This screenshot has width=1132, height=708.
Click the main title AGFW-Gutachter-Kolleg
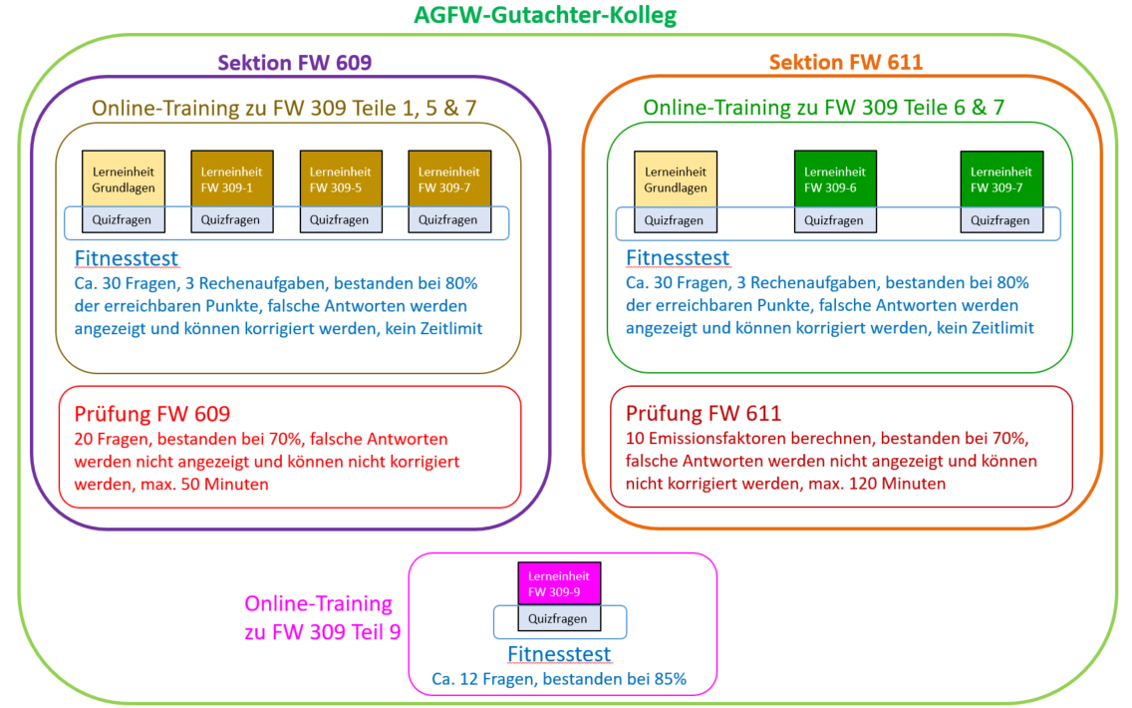pyautogui.click(x=545, y=14)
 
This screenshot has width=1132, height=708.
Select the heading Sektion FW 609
pyautogui.click(x=295, y=62)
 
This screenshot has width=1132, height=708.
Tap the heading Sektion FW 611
pyautogui.click(x=845, y=62)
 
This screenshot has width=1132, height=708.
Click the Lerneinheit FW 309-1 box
pyautogui.click(x=232, y=179)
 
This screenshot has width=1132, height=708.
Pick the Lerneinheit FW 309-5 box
pyautogui.click(x=341, y=179)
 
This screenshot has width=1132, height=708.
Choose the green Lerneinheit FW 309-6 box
pyautogui.click(x=835, y=179)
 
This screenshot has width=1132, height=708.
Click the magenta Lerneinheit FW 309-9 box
pyautogui.click(x=559, y=583)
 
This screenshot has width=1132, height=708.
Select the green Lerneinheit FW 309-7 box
pyautogui.click(x=1001, y=179)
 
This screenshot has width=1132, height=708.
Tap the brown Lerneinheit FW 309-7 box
pyautogui.click(x=449, y=179)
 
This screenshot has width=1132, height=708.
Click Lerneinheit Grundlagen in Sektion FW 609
pyautogui.click(x=124, y=179)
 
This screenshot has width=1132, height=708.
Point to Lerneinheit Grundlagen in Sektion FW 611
pyautogui.click(x=676, y=179)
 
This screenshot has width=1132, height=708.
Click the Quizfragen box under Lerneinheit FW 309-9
pyautogui.click(x=559, y=618)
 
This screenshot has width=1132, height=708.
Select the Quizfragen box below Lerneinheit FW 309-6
pyautogui.click(x=835, y=220)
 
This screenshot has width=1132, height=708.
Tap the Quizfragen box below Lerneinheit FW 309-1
pyautogui.click(x=232, y=219)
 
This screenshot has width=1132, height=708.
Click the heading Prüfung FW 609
pyautogui.click(x=152, y=413)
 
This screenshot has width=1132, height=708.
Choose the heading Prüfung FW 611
pyautogui.click(x=704, y=413)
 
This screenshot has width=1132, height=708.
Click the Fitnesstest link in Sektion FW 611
pyautogui.click(x=678, y=258)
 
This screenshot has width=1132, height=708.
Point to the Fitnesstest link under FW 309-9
pyautogui.click(x=559, y=654)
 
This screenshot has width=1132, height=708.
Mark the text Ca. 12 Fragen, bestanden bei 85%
pyautogui.click(x=559, y=679)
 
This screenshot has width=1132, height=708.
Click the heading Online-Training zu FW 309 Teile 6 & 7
pyautogui.click(x=824, y=107)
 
